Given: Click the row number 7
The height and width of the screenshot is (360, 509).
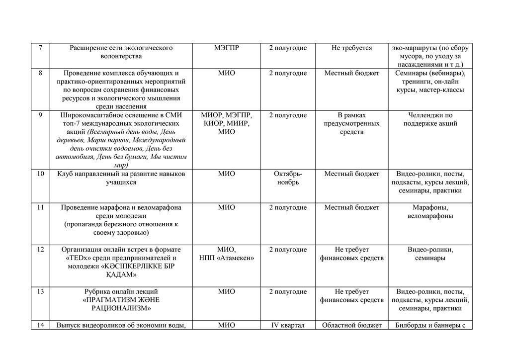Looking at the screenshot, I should click(40, 48).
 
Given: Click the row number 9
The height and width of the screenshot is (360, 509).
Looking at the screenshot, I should click(40, 115).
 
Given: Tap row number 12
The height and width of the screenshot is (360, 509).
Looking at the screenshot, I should click(40, 250).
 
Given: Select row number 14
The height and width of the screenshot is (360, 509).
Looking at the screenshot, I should click(40, 326).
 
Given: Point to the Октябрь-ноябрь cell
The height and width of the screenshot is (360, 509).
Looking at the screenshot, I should click(288, 178).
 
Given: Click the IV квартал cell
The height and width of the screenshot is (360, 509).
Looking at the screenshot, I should click(288, 326).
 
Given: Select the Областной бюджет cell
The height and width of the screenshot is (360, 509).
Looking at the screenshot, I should click(351, 326).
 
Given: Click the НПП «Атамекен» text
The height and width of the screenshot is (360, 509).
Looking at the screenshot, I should click(227, 258).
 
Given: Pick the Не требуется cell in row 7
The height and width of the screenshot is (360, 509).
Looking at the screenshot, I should click(351, 48).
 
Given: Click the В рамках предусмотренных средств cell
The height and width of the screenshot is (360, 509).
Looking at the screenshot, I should click(351, 123).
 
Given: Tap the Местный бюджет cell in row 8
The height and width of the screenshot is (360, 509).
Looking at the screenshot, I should click(351, 73).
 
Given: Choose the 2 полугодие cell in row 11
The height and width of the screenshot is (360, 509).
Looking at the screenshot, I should click(288, 207).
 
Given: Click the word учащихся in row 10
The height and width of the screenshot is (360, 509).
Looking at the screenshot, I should click(121, 182).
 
